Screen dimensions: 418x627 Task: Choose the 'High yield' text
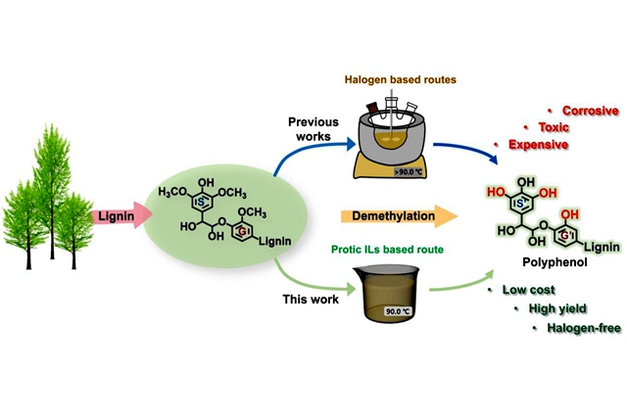(553, 309)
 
